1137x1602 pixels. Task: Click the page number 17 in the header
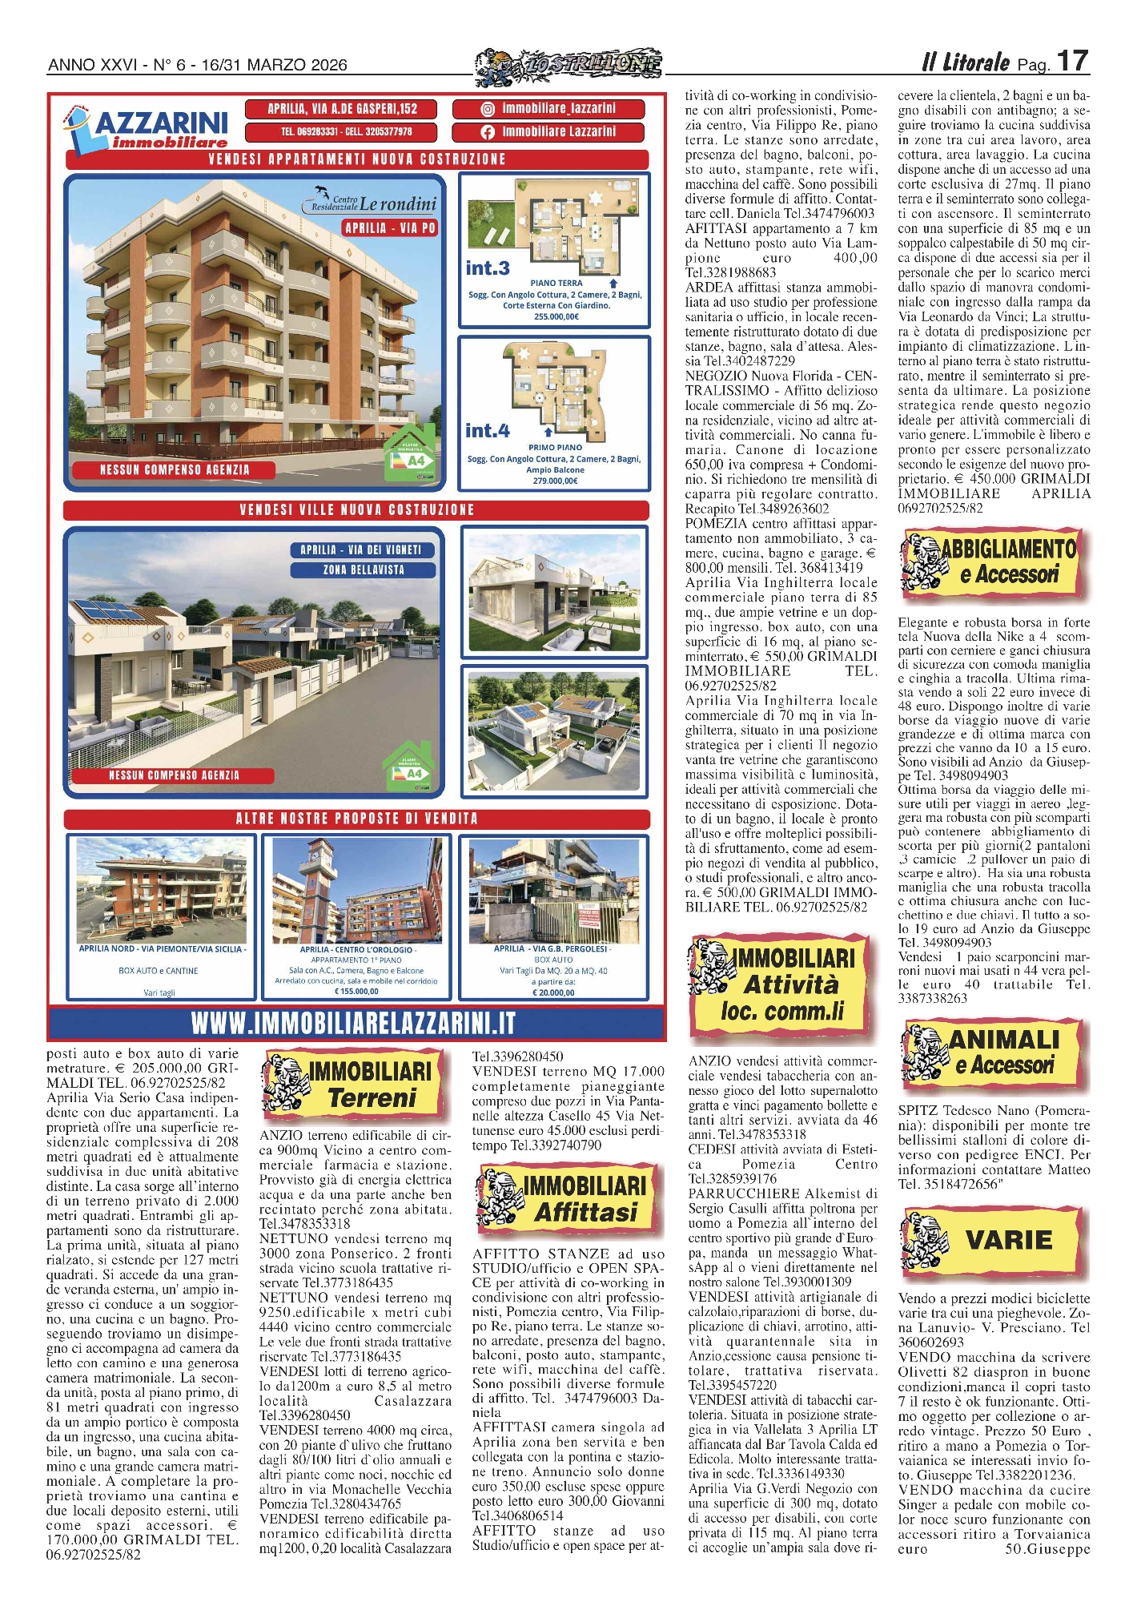click(1071, 62)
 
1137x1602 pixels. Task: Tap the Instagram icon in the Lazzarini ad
click(488, 109)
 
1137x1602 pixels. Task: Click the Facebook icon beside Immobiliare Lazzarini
click(488, 132)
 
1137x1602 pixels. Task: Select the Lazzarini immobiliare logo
click(147, 129)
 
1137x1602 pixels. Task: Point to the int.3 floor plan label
click(488, 268)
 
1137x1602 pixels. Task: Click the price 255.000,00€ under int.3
click(556, 316)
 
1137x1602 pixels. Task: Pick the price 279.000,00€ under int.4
click(555, 481)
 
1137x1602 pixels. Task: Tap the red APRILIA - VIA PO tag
click(390, 228)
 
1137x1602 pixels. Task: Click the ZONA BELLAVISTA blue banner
click(364, 570)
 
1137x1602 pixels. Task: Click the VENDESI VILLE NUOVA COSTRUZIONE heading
click(356, 510)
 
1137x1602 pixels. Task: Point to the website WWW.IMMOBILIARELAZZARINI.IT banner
click(353, 1024)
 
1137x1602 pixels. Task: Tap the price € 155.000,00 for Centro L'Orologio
click(356, 992)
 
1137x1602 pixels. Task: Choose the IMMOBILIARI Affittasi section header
click(568, 1199)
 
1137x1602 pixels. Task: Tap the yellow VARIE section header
click(994, 1240)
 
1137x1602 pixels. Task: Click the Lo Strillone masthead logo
click(568, 64)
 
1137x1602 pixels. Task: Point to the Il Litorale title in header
click(966, 62)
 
